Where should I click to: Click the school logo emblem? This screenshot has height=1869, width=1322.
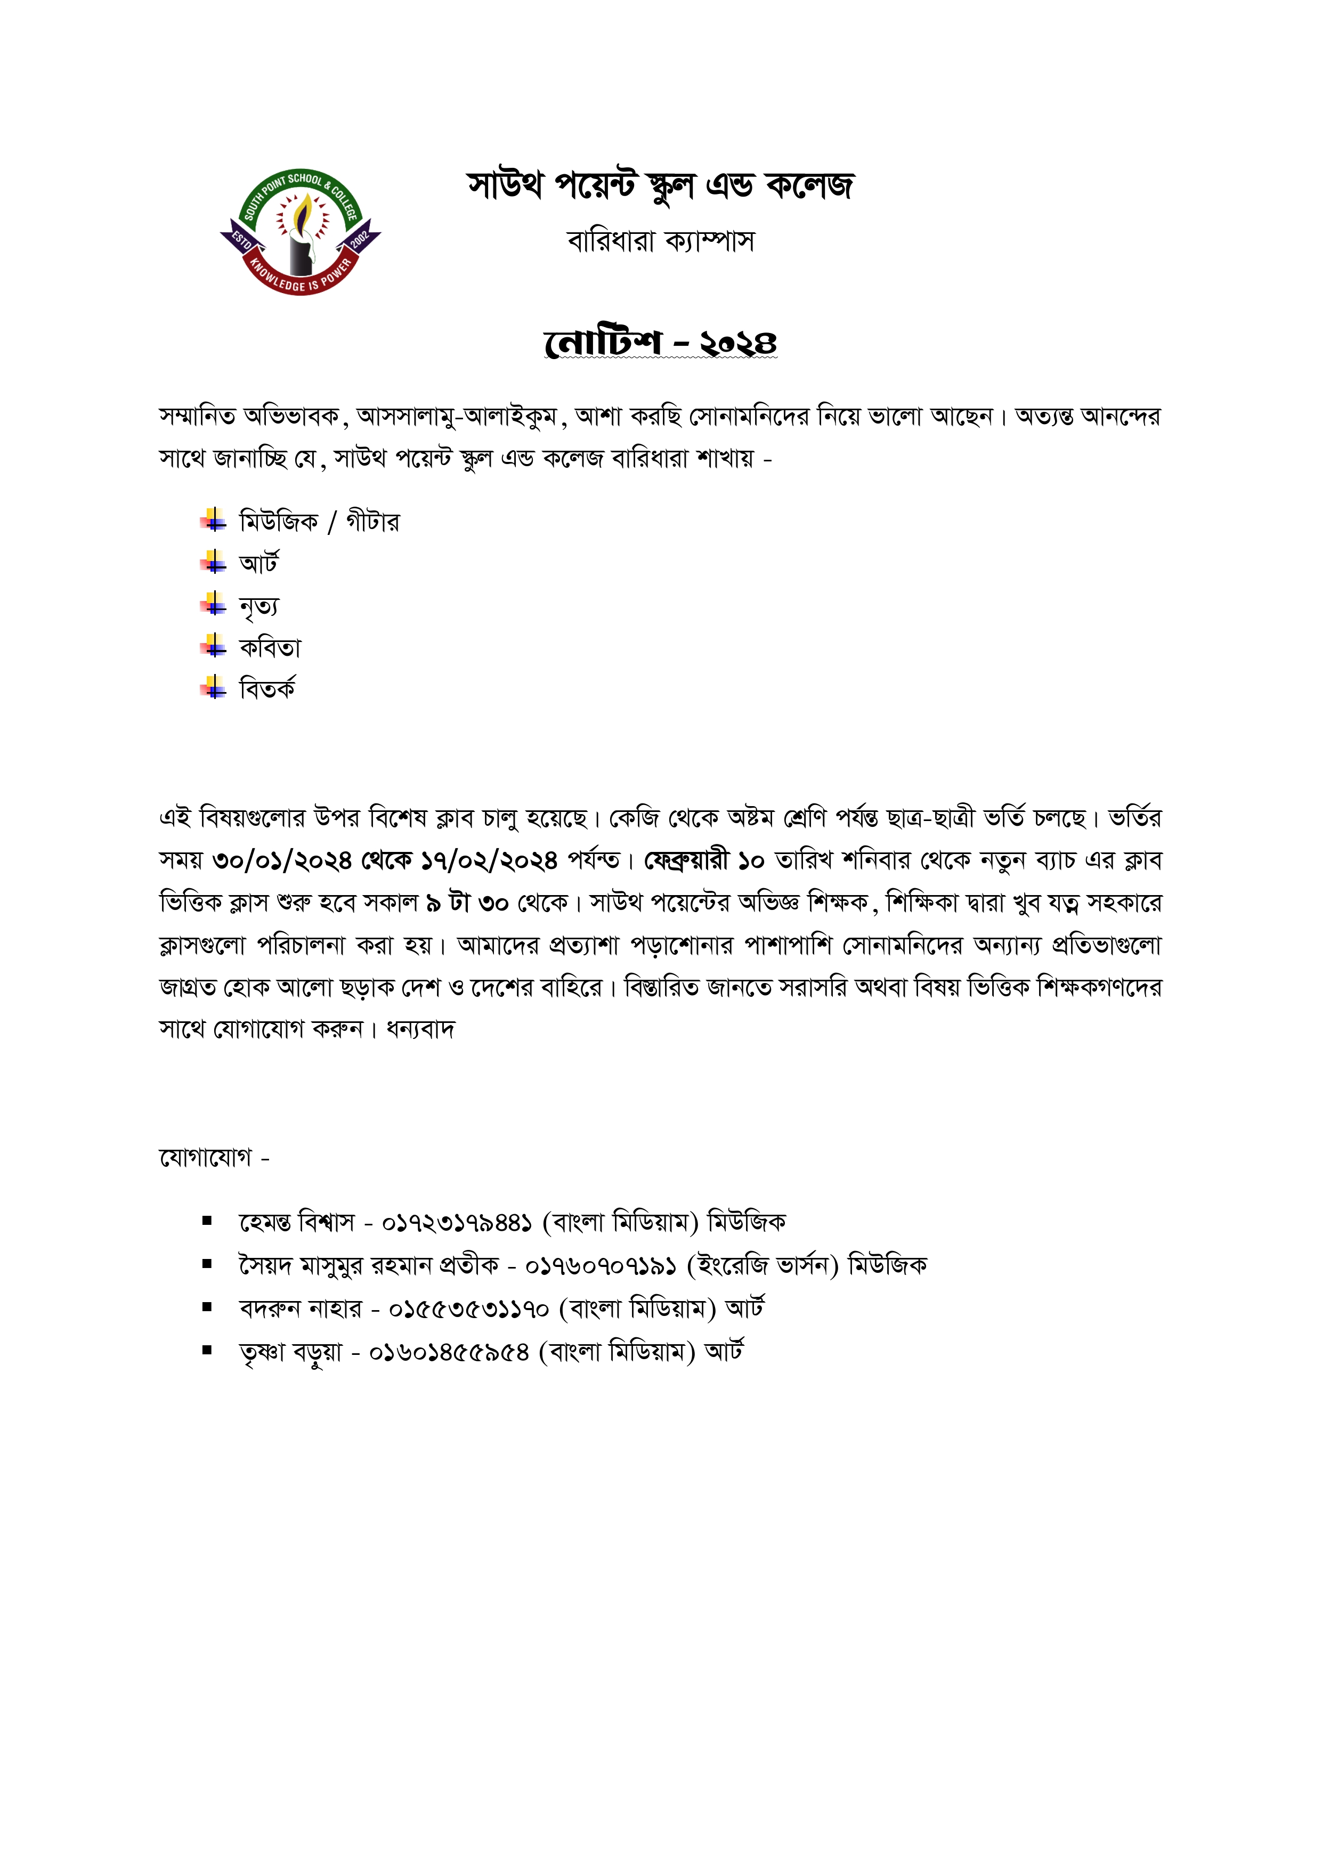(x=301, y=233)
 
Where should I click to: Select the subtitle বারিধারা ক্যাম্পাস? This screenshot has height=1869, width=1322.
(x=660, y=241)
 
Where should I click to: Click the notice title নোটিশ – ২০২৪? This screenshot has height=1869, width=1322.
(x=660, y=342)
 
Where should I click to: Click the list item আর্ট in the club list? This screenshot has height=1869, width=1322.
(x=259, y=563)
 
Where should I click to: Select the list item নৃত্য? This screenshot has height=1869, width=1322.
(x=259, y=606)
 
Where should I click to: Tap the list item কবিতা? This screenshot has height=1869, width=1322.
(x=270, y=648)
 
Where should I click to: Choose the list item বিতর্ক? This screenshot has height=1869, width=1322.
(x=267, y=689)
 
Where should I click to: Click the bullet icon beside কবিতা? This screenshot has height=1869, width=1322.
(x=213, y=647)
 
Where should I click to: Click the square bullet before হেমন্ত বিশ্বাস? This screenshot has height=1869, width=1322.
(x=208, y=1221)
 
